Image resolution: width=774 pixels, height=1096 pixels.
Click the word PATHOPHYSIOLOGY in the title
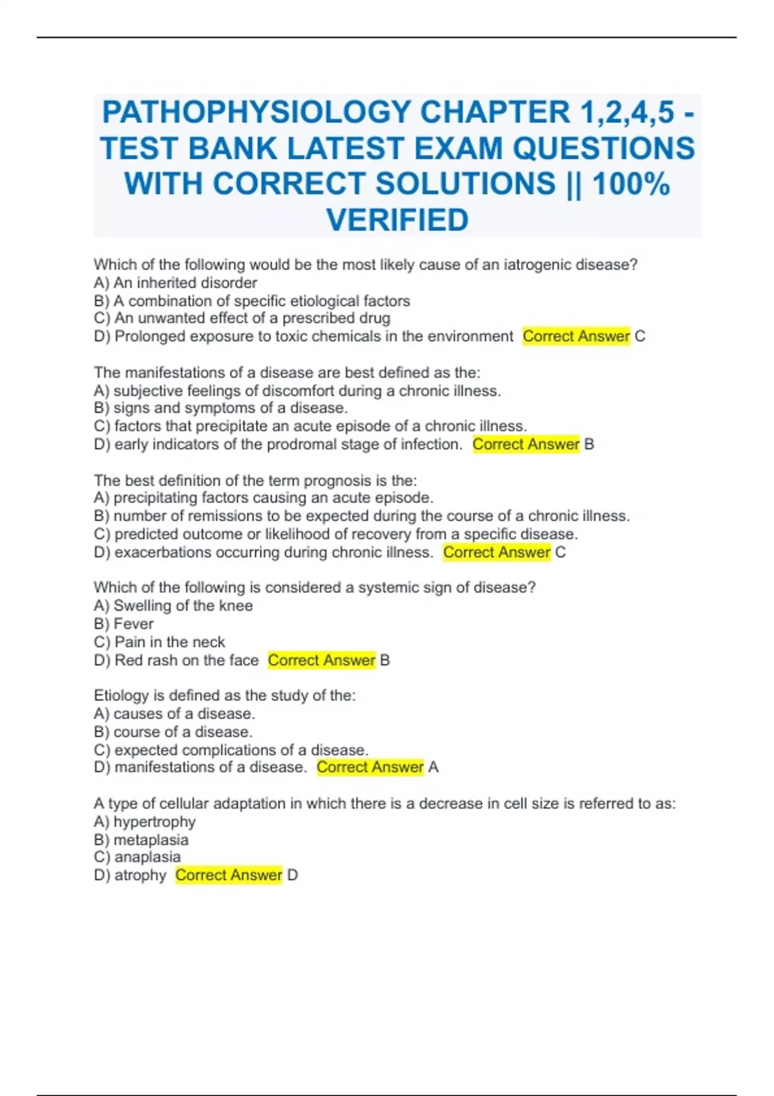[256, 112]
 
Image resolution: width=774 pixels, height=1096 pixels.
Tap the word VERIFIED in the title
[397, 220]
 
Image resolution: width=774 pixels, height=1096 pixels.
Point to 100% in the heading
[631, 184]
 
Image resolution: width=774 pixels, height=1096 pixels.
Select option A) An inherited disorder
[175, 283]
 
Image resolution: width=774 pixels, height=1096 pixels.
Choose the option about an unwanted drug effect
[242, 318]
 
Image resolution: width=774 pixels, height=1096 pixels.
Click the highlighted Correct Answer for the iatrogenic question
[576, 337]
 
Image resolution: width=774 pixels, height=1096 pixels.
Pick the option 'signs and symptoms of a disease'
[221, 408]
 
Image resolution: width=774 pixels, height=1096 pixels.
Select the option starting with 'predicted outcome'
[335, 534]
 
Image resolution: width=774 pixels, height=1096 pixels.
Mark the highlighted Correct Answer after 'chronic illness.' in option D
[497, 553]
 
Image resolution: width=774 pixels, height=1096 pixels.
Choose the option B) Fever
[124, 624]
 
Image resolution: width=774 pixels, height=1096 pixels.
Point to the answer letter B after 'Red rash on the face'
[385, 660]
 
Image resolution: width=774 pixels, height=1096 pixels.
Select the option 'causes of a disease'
[174, 714]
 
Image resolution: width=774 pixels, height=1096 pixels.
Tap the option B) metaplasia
[141, 840]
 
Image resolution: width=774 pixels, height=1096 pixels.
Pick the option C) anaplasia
[137, 857]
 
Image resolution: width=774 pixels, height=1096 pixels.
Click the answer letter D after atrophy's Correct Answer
[293, 876]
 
